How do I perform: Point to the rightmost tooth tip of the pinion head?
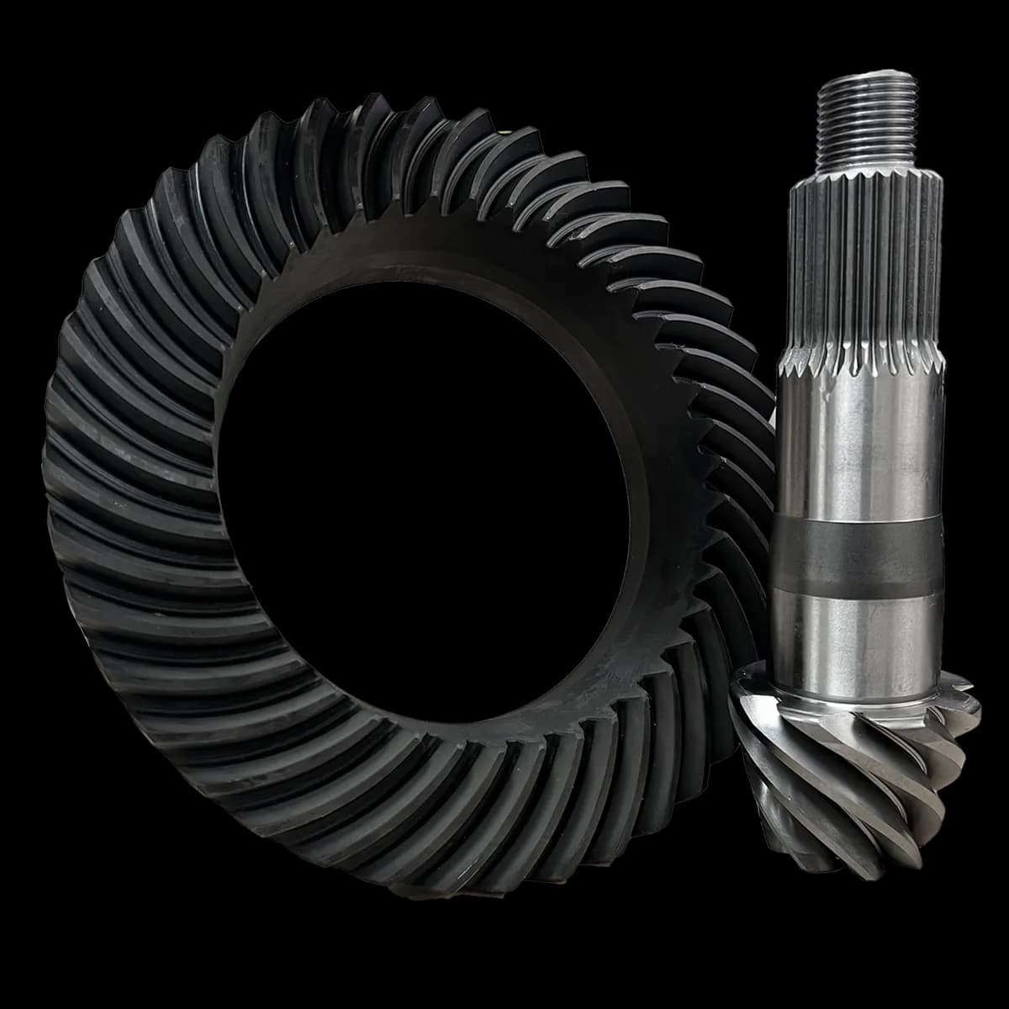pos(975,715)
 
